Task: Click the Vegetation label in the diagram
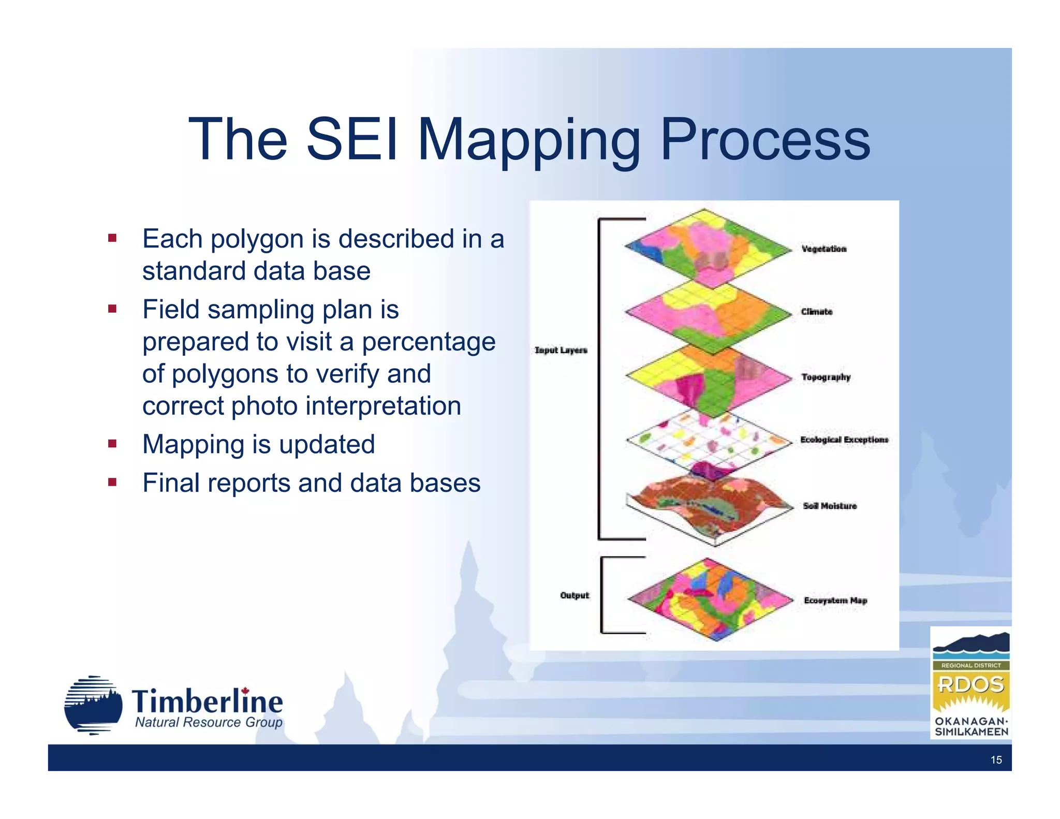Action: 824,249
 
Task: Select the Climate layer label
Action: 817,312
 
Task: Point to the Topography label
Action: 826,377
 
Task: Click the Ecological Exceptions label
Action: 844,440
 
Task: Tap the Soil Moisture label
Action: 830,506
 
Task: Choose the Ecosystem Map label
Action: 835,601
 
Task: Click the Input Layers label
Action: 561,350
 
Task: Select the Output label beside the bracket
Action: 575,595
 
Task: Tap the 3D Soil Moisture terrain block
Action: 709,507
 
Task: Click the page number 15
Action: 996,760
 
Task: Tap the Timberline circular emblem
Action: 93,705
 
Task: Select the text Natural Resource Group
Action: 209,722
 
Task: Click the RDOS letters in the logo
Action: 971,685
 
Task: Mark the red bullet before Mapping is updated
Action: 112,444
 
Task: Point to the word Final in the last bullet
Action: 171,483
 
